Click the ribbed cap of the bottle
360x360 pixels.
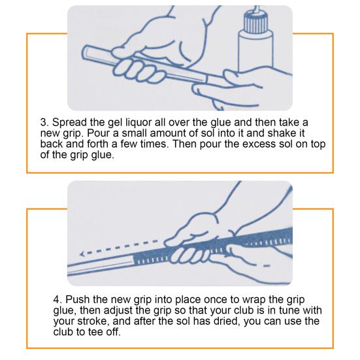[256, 23]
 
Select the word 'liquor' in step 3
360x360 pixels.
[139, 123]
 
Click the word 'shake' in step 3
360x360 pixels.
[282, 133]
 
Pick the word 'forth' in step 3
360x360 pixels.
[97, 144]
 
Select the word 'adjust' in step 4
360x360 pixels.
[118, 311]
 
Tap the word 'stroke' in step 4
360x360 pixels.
[93, 321]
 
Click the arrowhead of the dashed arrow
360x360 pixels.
[82, 254]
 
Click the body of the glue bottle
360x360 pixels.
[256, 52]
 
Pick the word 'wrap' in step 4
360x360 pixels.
[254, 301]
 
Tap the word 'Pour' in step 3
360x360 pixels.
[99, 133]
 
